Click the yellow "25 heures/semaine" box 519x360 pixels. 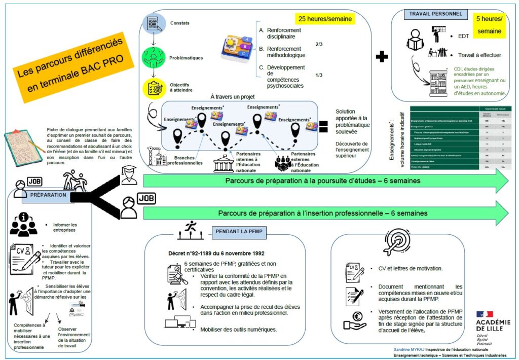click(325, 19)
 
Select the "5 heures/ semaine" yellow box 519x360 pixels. click(490, 25)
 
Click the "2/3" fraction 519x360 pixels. click(319, 45)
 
